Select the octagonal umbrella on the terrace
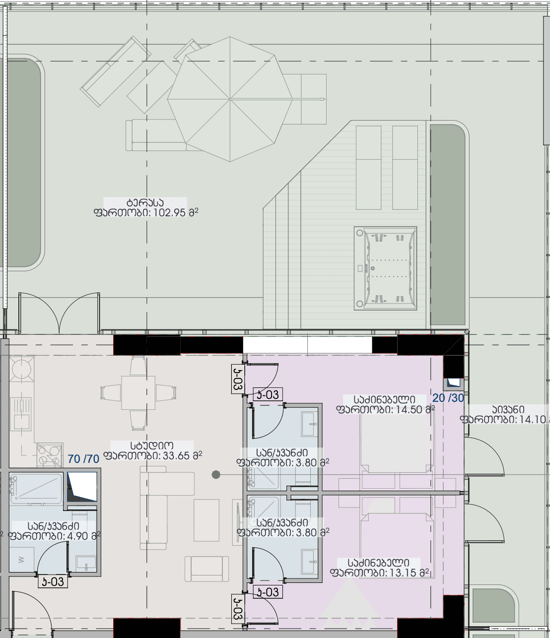pyautogui.click(x=230, y=99)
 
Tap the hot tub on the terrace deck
pyautogui.click(x=385, y=268)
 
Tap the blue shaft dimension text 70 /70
pyautogui.click(x=83, y=459)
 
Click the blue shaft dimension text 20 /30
pyautogui.click(x=448, y=398)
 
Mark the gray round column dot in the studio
pyautogui.click(x=216, y=475)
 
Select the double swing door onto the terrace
pyautogui.click(x=59, y=313)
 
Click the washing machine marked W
pyautogui.click(x=21, y=560)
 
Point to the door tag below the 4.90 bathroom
pyautogui.click(x=53, y=581)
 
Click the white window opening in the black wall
pyautogui.click(x=307, y=345)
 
